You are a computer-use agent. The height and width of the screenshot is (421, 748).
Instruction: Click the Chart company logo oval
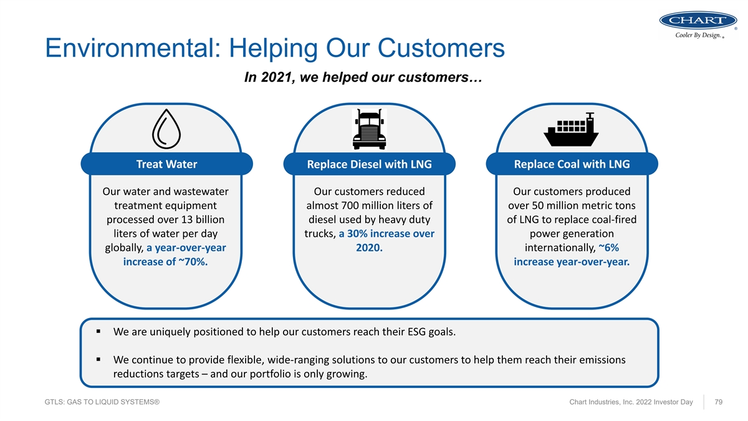[x=698, y=20]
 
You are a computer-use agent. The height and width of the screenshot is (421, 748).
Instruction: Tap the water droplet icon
[x=166, y=129]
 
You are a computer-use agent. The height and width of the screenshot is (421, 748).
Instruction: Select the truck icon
[x=369, y=129]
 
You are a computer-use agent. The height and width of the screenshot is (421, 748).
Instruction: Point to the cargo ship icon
[x=571, y=130]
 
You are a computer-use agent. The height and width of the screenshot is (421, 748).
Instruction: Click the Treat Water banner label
[x=166, y=164]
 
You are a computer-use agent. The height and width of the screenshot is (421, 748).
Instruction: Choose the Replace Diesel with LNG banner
[x=369, y=164]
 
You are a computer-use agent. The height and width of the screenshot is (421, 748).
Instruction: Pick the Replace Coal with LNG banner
[x=572, y=164]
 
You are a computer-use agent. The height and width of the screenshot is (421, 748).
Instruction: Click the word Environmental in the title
[x=133, y=48]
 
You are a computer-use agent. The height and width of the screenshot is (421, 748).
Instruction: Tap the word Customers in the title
[x=441, y=48]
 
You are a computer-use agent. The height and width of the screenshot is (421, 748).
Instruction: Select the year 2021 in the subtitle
[x=276, y=77]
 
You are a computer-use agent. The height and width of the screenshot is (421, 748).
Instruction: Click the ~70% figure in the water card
[x=193, y=261]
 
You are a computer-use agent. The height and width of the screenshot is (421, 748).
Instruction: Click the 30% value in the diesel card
[x=357, y=233]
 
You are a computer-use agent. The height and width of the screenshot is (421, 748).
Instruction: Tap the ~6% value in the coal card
[x=609, y=248]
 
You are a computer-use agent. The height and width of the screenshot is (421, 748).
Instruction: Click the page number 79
[x=718, y=402]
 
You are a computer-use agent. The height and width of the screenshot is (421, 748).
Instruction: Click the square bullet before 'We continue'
[x=98, y=359]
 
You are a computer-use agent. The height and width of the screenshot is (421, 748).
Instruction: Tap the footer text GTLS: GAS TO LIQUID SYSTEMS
[x=102, y=402]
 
